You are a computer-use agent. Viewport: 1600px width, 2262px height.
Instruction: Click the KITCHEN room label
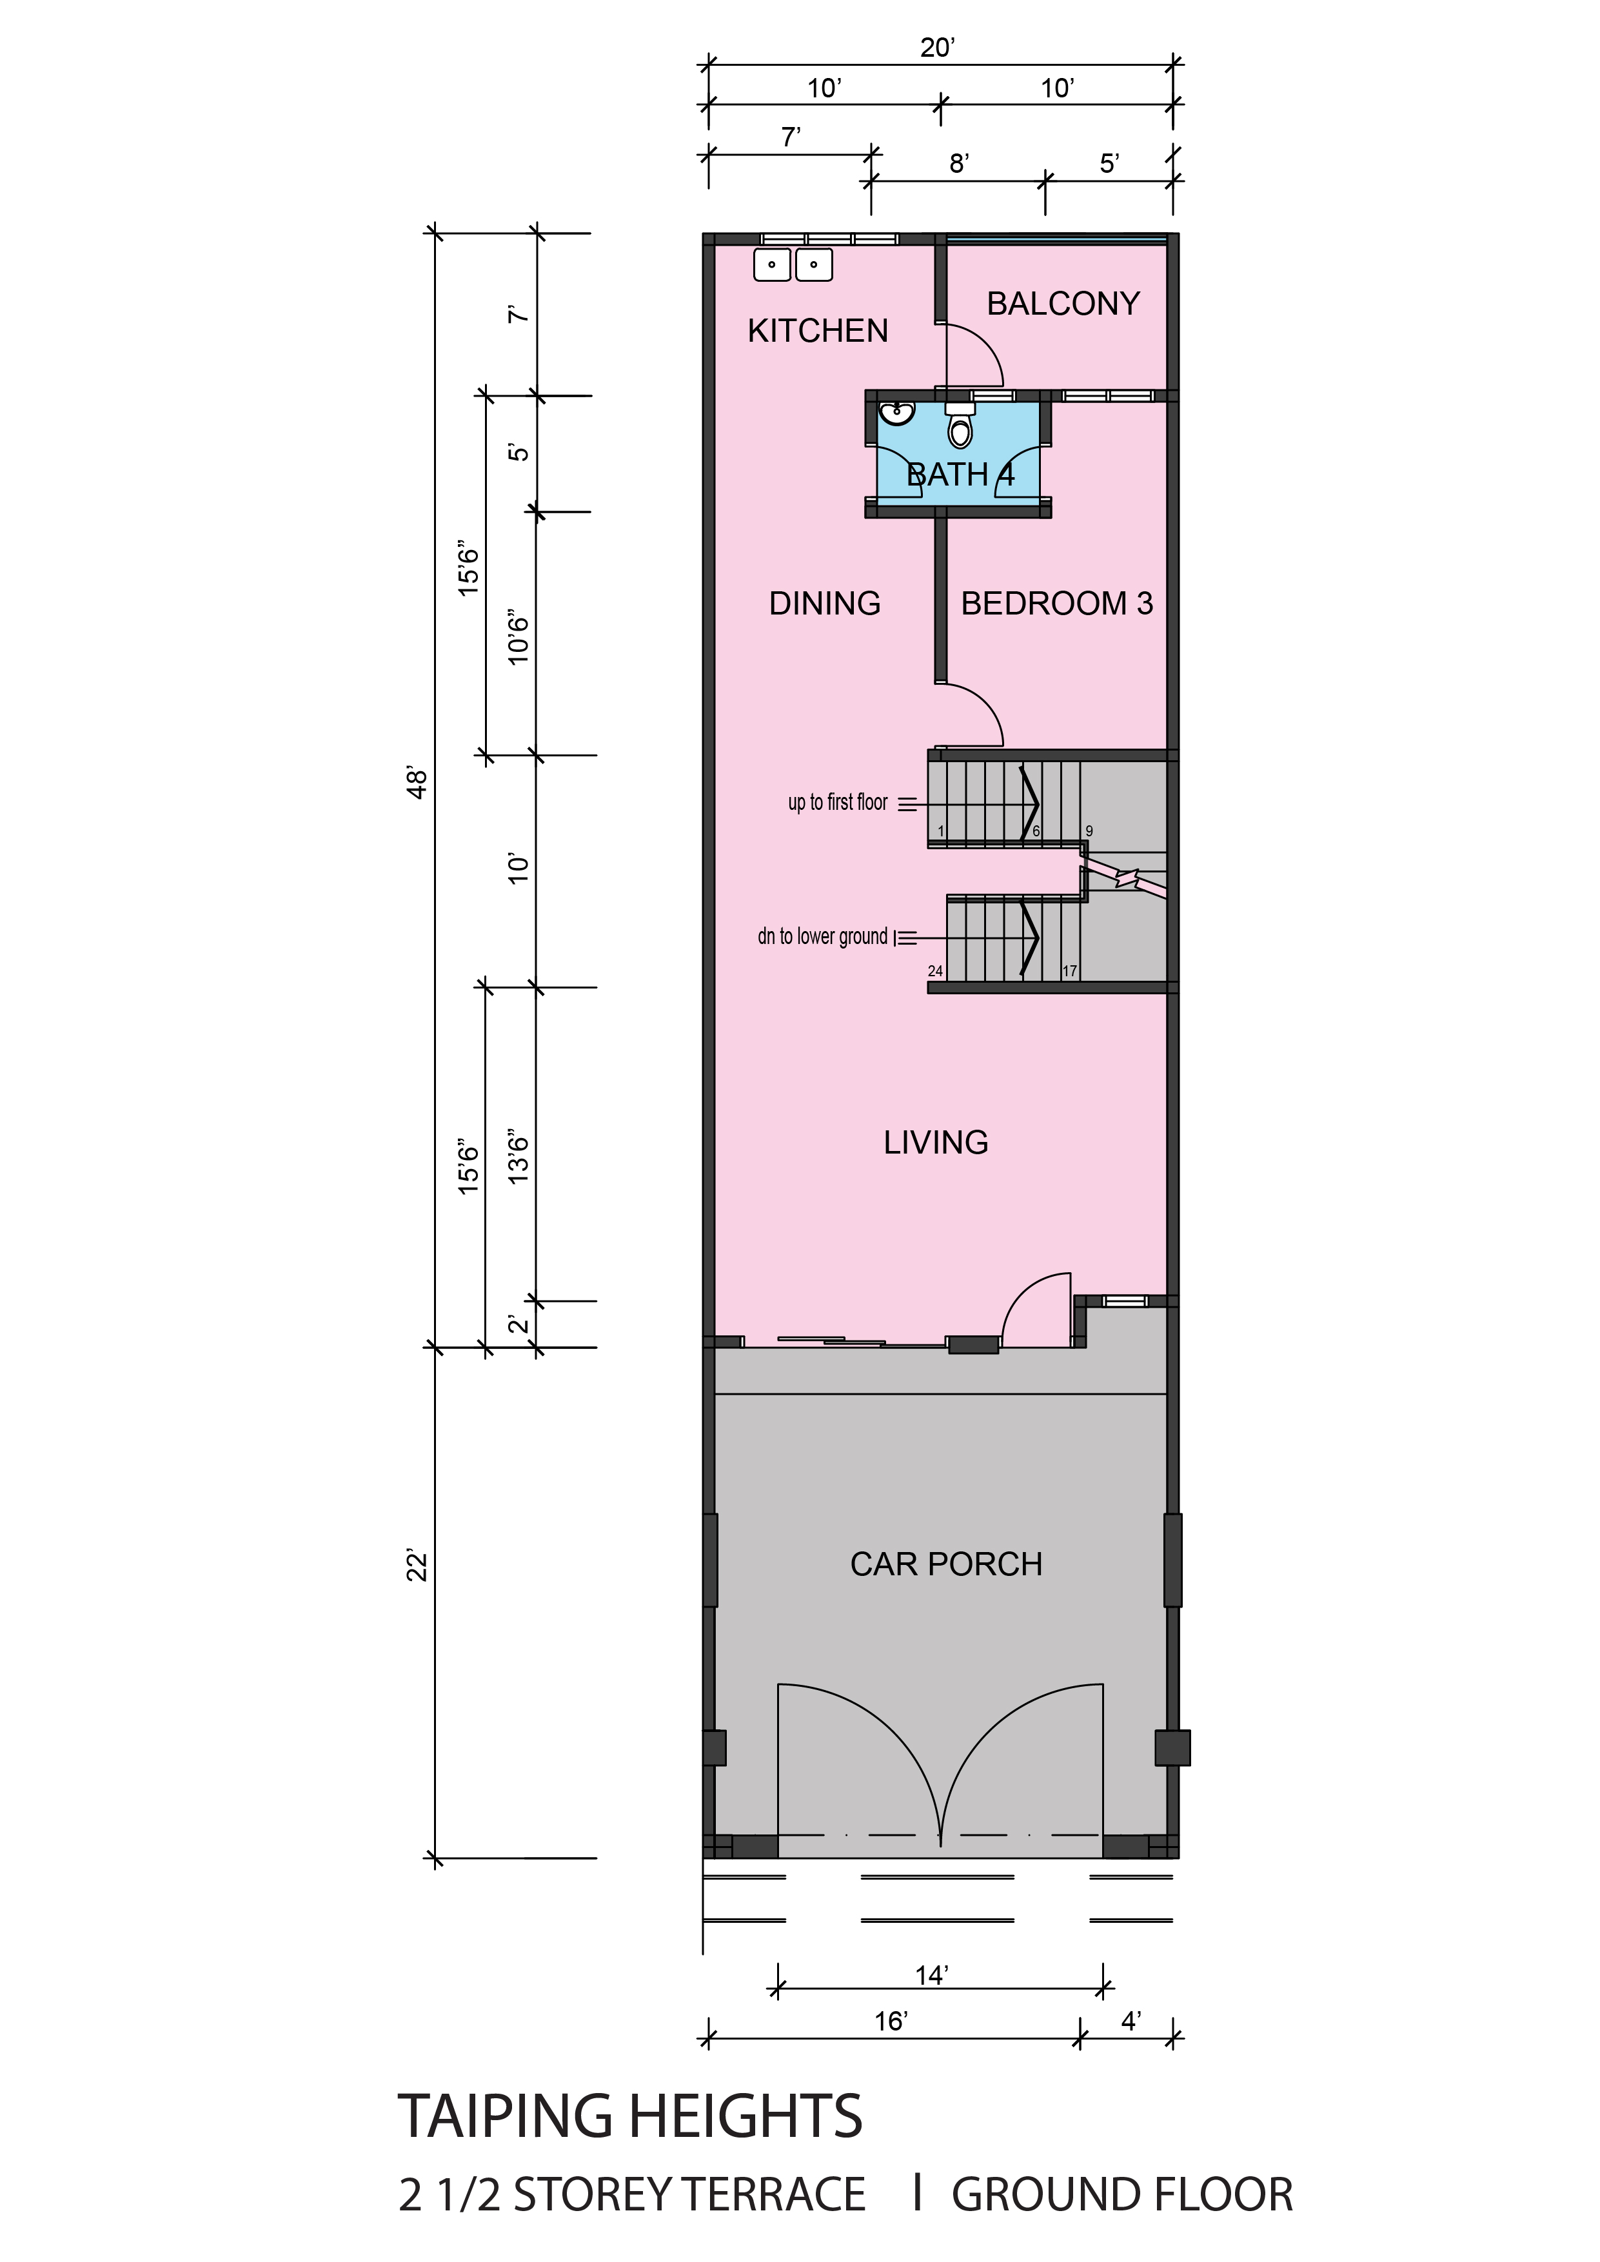click(x=818, y=331)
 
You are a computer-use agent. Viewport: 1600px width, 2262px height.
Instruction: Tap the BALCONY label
click(x=1063, y=304)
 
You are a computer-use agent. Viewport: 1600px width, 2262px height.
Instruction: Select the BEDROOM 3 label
click(x=1056, y=603)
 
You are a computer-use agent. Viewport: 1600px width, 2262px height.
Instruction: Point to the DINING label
click(x=825, y=603)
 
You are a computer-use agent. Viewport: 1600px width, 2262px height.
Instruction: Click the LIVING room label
click(x=935, y=1142)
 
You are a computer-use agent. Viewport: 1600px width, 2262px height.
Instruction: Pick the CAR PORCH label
click(x=946, y=1564)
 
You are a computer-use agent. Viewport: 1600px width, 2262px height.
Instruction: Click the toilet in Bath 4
click(x=960, y=425)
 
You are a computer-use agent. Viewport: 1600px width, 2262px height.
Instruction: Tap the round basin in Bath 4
click(x=896, y=412)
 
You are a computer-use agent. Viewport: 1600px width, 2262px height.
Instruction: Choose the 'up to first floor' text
click(x=838, y=802)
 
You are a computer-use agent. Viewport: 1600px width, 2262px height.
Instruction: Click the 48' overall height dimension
click(x=418, y=783)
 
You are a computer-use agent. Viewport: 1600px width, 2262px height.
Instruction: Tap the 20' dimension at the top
click(x=937, y=47)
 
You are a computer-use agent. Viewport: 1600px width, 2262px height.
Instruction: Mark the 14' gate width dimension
click(x=931, y=1975)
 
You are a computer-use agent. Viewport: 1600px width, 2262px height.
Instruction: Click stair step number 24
click(x=935, y=970)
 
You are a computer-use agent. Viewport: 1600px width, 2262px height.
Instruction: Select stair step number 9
click(x=1089, y=831)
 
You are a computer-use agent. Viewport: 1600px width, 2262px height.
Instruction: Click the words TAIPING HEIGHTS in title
click(x=629, y=2116)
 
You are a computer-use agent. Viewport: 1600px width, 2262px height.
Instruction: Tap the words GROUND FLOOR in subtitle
click(x=1121, y=2195)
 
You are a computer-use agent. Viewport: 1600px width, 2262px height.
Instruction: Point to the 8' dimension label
click(x=958, y=164)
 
